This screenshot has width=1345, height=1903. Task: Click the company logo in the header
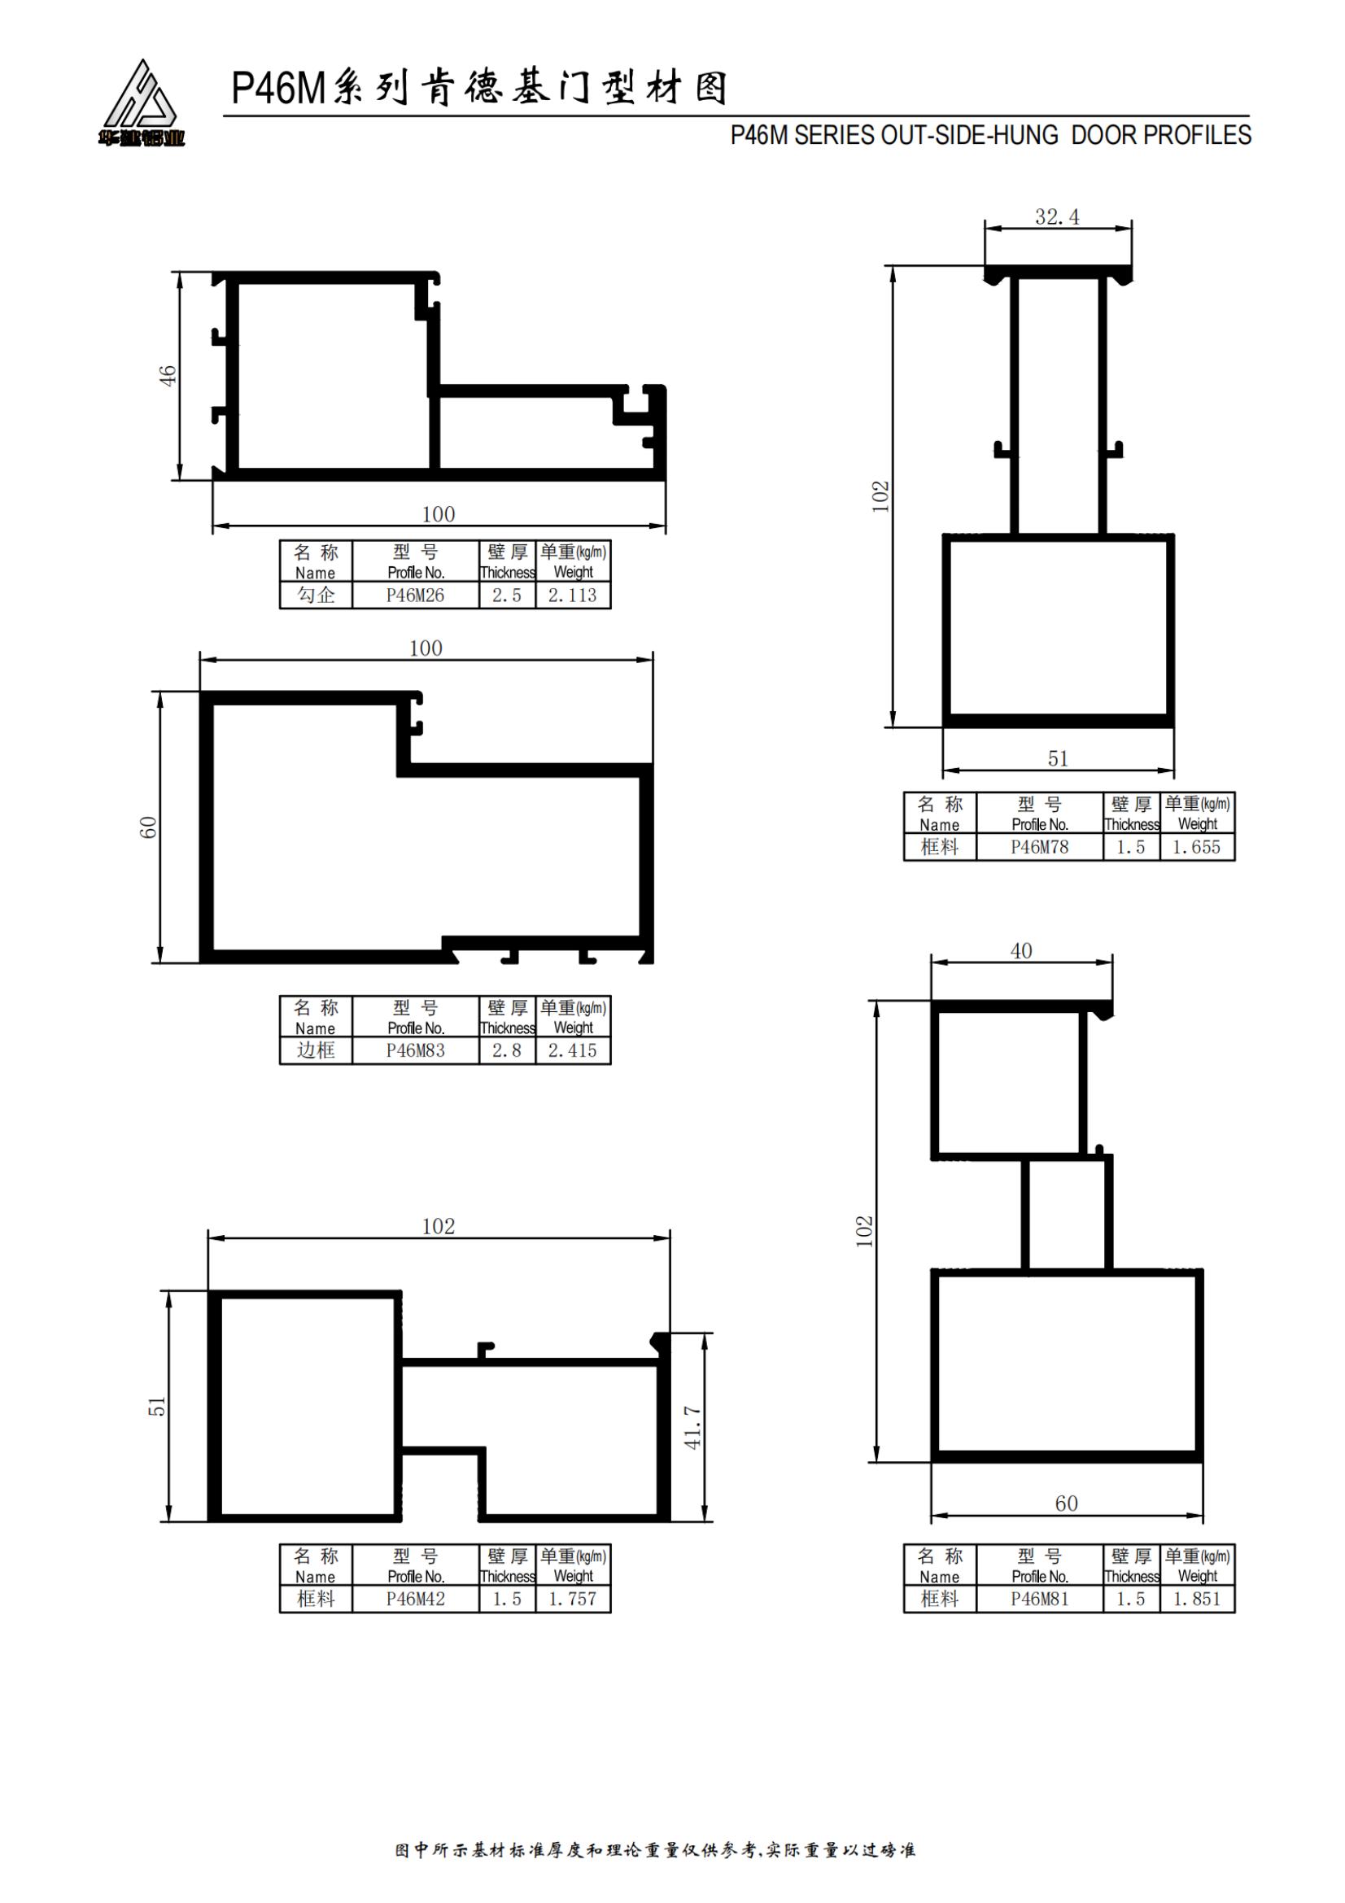[x=141, y=103]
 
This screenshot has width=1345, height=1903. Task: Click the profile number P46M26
[x=415, y=595]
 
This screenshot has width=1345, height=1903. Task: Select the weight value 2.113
[x=573, y=595]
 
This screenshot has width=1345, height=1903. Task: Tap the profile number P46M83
[x=415, y=1050]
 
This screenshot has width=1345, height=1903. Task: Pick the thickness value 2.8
[x=506, y=1050]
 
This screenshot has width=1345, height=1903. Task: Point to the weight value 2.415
[x=573, y=1050]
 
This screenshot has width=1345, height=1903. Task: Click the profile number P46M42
[x=415, y=1599]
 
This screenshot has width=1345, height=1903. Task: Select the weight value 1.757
[x=573, y=1599]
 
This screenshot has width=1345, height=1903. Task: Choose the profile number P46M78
[x=1039, y=847]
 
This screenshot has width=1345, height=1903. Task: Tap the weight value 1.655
[x=1197, y=847]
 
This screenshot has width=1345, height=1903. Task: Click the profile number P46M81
[x=1039, y=1599]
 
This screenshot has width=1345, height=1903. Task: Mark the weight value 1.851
[x=1197, y=1599]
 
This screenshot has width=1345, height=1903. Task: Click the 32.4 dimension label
[x=1058, y=217]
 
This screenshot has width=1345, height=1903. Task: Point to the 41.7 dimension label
[x=692, y=1427]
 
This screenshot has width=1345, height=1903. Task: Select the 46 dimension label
[x=168, y=375]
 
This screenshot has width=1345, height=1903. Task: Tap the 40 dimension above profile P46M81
[x=1021, y=950]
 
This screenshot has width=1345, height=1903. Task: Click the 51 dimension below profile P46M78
[x=1058, y=758]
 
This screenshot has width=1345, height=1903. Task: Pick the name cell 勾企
[x=316, y=595]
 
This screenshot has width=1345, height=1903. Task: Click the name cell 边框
[x=316, y=1050]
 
